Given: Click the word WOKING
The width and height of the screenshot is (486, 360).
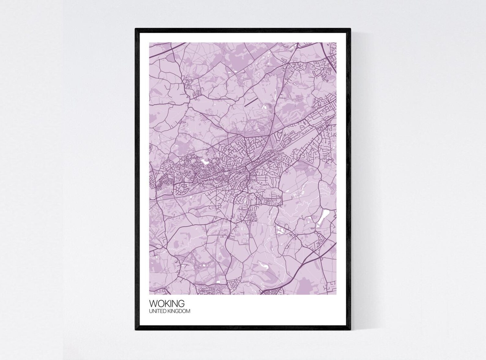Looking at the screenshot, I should tap(167, 304).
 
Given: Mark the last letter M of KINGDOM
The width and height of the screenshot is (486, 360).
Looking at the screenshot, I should tap(188, 311).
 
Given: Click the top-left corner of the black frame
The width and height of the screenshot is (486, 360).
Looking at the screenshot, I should tap(136, 29).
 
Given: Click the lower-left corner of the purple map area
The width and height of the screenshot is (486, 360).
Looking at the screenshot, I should tap(149, 294).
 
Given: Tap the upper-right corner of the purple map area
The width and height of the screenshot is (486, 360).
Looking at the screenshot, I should tap(336, 43).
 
